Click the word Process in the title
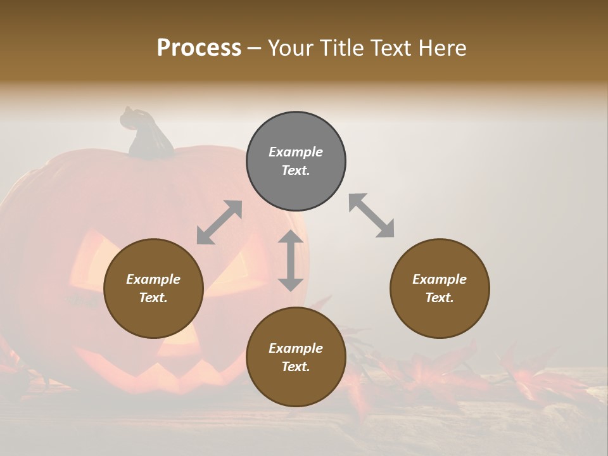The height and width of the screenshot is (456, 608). coord(199,48)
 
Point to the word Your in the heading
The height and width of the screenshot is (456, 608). coord(290,48)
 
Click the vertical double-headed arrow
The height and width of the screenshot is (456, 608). coord(291,260)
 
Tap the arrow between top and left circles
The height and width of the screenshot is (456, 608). coord(219,222)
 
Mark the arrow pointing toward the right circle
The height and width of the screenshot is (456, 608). coord(371,215)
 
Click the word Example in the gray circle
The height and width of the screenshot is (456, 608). coord(296,152)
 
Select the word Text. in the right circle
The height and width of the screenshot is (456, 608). coord(440,298)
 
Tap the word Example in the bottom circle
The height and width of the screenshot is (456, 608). coord(296,348)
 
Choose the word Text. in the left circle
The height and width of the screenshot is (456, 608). coord(153,298)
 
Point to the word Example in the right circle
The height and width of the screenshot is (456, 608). coord(440,279)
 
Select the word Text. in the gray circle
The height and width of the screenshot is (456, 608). coord(296,170)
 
